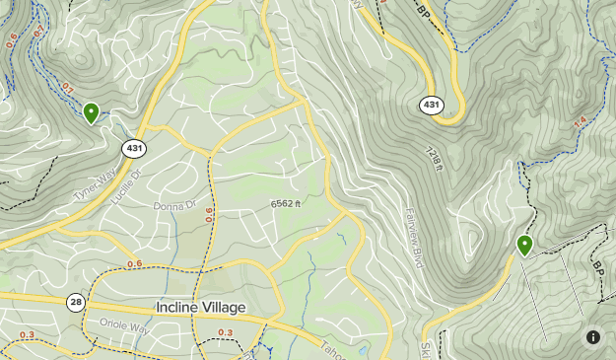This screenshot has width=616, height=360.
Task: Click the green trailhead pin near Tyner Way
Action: pos(91,112)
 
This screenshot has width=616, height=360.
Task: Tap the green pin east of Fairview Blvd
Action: pos(524,245)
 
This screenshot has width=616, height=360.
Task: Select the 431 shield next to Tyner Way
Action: pos(134,148)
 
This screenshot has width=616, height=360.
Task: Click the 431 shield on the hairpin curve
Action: pos(432,105)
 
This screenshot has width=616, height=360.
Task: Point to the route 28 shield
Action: pos(76,301)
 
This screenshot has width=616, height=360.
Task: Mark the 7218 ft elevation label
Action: pos(433,158)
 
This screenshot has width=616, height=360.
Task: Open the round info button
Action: pos(593,337)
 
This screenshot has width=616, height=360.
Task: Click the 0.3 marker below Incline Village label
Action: pos(226,333)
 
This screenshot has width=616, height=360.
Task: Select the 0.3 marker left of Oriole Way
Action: pos(26,335)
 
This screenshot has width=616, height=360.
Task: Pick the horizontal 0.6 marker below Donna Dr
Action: pos(134,263)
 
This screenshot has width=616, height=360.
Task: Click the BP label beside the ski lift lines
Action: pos(598,267)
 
